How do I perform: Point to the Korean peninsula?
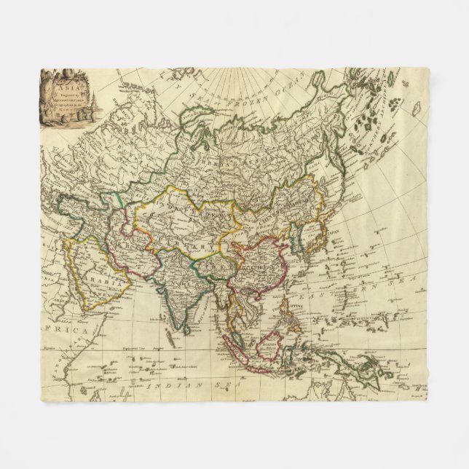point(297,237)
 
